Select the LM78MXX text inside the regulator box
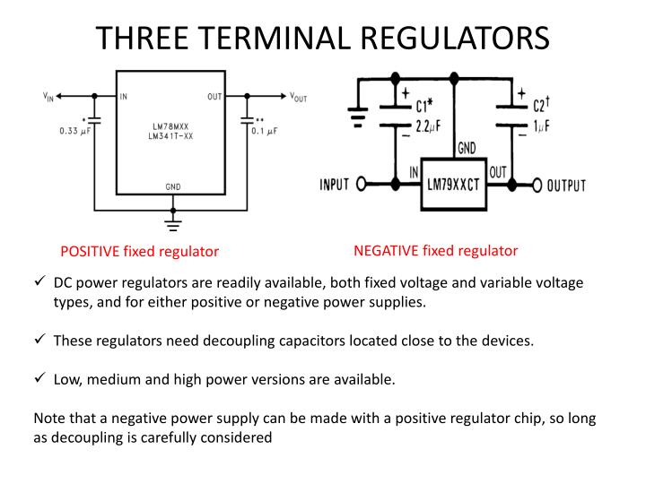click(x=173, y=127)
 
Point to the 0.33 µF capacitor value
click(x=75, y=131)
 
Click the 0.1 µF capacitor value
click(x=265, y=131)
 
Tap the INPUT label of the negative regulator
click(x=336, y=186)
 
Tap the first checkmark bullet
click(x=39, y=281)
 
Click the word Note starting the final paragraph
click(x=48, y=419)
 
